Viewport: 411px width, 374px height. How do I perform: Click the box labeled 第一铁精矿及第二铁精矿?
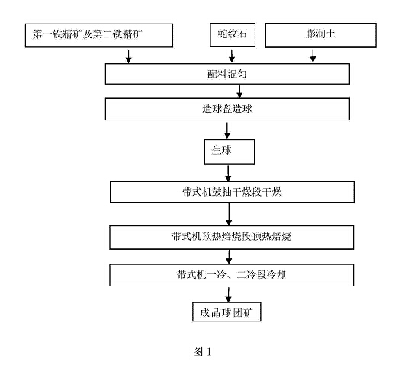pyautogui.click(x=99, y=35)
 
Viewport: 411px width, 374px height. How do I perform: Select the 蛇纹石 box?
pyautogui.click(x=233, y=35)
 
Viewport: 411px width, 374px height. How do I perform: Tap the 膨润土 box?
pyautogui.click(x=320, y=35)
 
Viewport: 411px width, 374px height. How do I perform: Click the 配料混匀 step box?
pyautogui.click(x=227, y=74)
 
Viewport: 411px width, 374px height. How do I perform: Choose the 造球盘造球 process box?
pyautogui.click(x=227, y=109)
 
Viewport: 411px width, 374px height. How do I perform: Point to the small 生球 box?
pyautogui.click(x=230, y=152)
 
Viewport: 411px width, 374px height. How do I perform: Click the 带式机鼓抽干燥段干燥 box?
pyautogui.click(x=232, y=192)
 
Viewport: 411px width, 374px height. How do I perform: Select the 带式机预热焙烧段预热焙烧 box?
pyautogui.click(x=232, y=238)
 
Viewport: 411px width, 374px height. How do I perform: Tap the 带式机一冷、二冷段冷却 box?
pyautogui.click(x=232, y=275)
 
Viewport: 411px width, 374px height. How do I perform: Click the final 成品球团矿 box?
pyautogui.click(x=226, y=312)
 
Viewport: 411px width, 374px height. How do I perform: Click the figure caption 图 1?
pyautogui.click(x=202, y=351)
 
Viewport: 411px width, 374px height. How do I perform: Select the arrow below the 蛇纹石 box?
pyautogui.click(x=232, y=56)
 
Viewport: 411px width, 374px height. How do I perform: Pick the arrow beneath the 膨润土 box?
pyautogui.click(x=313, y=56)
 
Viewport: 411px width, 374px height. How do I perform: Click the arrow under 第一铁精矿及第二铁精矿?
pyautogui.click(x=128, y=56)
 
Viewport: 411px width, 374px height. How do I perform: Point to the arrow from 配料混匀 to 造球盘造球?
pyautogui.click(x=239, y=91)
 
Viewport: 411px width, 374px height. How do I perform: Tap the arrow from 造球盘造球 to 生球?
pyautogui.click(x=227, y=130)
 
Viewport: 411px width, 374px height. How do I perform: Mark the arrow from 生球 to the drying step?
pyautogui.click(x=228, y=173)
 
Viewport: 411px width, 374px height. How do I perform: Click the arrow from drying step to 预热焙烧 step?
pyautogui.click(x=229, y=214)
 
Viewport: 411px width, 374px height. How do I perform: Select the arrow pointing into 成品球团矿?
pyautogui.click(x=228, y=295)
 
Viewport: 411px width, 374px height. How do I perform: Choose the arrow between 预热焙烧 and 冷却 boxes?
pyautogui.click(x=229, y=257)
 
